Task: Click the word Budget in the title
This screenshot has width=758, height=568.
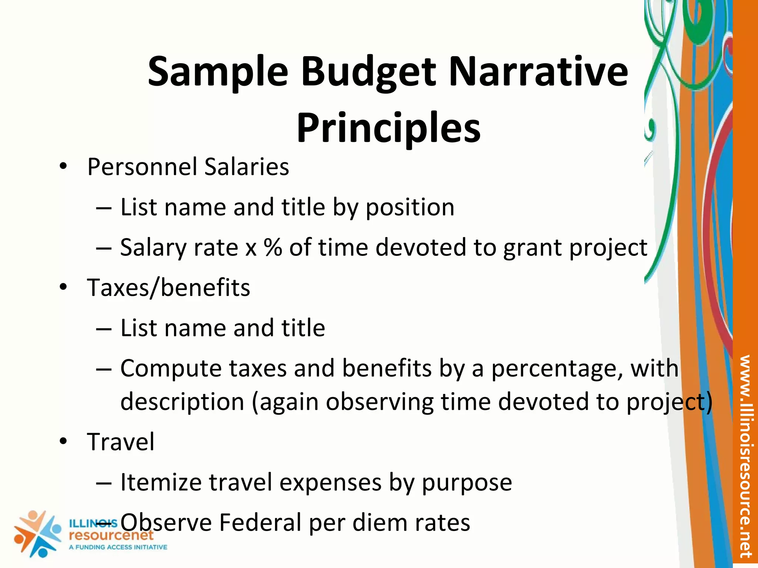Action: (x=368, y=72)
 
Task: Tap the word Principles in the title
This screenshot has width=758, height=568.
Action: (x=388, y=128)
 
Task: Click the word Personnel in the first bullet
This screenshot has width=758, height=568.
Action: (x=142, y=167)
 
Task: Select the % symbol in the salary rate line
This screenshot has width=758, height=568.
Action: (x=273, y=247)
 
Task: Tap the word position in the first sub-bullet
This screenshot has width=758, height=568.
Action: (x=410, y=207)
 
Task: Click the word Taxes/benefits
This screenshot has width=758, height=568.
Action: (x=168, y=288)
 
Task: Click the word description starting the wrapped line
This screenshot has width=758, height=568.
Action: (x=182, y=402)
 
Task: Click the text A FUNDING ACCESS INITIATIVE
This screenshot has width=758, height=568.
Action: (x=118, y=547)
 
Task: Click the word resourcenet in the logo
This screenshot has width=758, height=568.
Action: (x=111, y=535)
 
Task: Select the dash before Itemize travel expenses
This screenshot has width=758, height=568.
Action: (x=104, y=483)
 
